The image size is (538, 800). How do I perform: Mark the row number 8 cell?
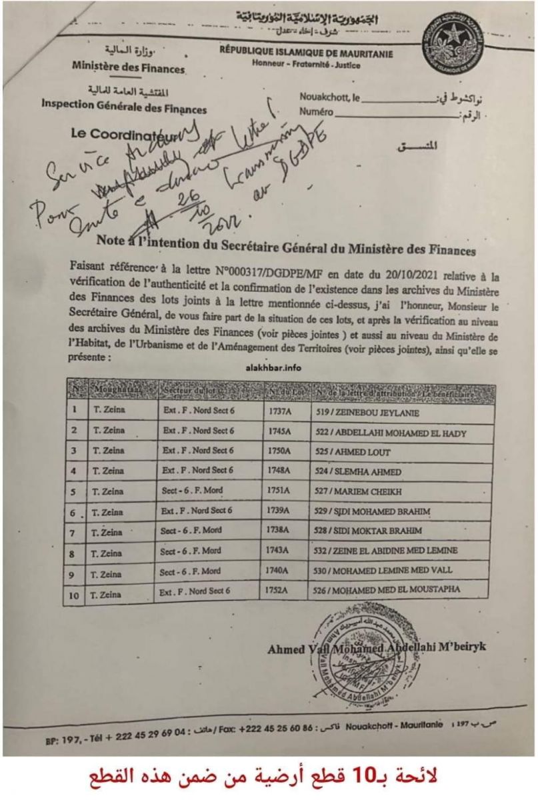(x=73, y=553)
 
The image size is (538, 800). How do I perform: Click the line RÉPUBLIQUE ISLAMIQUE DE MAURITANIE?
(x=306, y=54)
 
